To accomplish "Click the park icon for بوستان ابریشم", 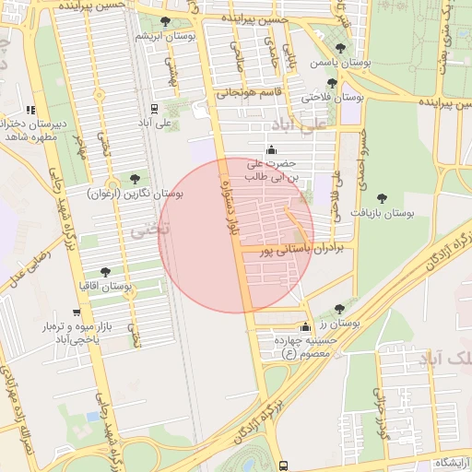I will (x=165, y=22).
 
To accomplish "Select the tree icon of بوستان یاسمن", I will (x=340, y=48).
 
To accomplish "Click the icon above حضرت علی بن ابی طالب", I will (x=271, y=150).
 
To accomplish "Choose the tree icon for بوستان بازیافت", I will (x=382, y=197).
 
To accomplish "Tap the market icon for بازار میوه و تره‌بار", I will (x=76, y=314).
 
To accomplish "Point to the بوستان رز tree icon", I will (x=339, y=309).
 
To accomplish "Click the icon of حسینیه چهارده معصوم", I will (x=305, y=327).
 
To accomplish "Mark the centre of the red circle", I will (x=236, y=235).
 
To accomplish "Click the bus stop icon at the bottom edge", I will (x=283, y=466).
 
